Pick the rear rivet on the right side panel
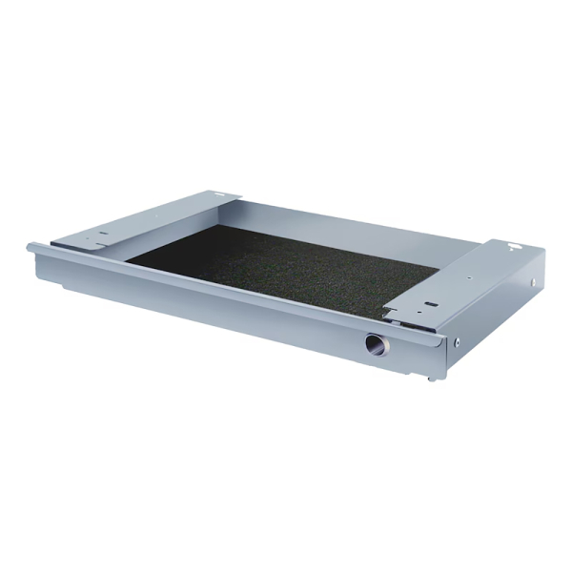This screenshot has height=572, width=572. [532, 282]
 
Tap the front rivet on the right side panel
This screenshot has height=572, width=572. [458, 340]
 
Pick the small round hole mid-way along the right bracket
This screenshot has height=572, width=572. [469, 277]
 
